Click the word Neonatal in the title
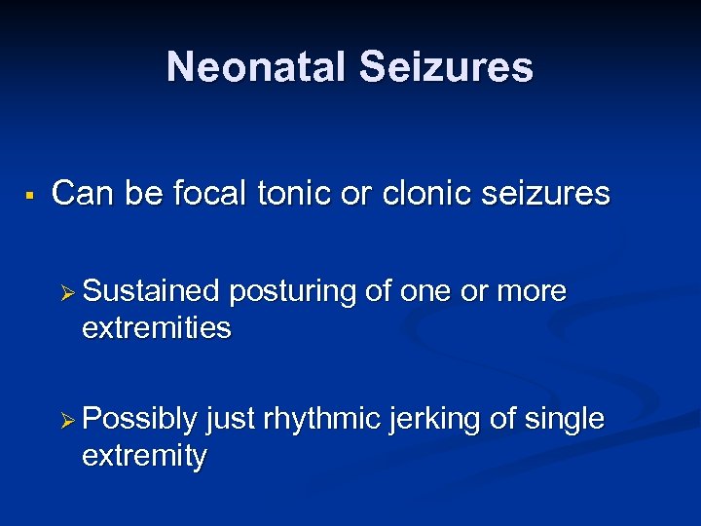[256, 67]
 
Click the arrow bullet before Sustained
[67, 292]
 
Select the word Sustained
[152, 291]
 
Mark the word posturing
[296, 292]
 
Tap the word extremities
[157, 328]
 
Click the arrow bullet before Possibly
[67, 420]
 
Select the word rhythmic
[323, 420]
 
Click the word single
[566, 420]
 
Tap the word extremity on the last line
[145, 456]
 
